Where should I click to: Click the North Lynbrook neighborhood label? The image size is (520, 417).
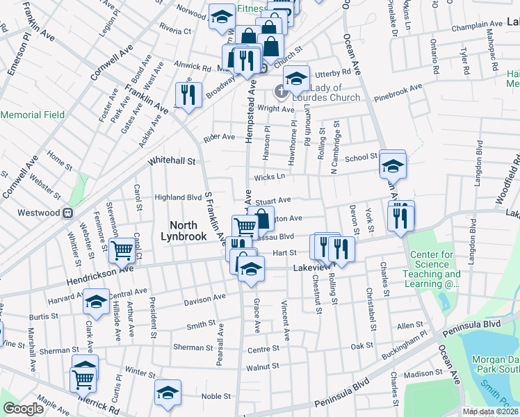point(189,231)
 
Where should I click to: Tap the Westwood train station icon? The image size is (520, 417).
point(68,213)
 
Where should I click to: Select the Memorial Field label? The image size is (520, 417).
point(33,115)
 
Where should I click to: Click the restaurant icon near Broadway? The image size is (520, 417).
point(188,94)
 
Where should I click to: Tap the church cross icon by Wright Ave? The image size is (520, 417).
point(282,91)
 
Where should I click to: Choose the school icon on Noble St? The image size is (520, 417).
point(167,392)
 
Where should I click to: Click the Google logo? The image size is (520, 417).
point(24,408)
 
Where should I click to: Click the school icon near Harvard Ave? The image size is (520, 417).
point(96,302)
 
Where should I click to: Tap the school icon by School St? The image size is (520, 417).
point(393,165)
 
